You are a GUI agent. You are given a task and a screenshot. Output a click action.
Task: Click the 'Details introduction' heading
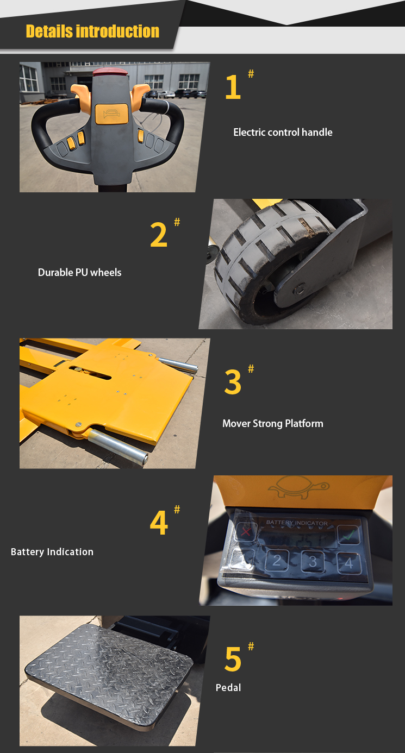[x=92, y=31]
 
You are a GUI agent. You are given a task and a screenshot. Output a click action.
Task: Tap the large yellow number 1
[x=233, y=87]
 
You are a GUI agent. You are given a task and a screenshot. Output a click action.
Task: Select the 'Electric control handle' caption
[x=283, y=132]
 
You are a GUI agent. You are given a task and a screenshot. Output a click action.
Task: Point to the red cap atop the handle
[x=109, y=71]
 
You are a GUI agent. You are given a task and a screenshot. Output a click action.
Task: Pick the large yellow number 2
[x=159, y=235]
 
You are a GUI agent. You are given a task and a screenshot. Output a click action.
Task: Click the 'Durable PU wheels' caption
[x=79, y=272]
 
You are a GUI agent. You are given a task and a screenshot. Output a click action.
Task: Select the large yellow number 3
[x=233, y=382]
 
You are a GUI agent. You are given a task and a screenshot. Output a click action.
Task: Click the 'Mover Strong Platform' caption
[x=272, y=423]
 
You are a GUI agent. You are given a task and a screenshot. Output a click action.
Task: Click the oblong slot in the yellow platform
[x=90, y=373]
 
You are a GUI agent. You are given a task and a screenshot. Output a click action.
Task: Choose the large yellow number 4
[x=159, y=523]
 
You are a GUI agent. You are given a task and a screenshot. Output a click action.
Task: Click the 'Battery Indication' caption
[x=52, y=551]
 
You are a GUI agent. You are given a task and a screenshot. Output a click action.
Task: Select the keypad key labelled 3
[x=313, y=561]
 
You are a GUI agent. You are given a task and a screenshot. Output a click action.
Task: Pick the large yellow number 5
[x=233, y=659]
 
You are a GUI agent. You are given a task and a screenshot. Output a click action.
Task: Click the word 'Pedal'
[x=228, y=687]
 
